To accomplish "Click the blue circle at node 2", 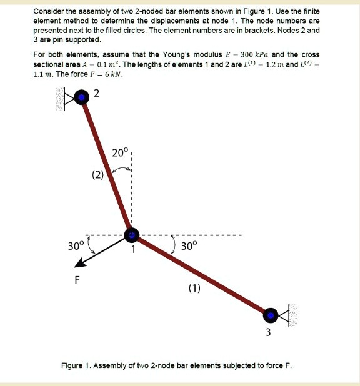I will (x=82, y=97).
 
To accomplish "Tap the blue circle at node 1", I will (x=132, y=235).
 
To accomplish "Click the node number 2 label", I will (x=96, y=94).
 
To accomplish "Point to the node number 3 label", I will (x=268, y=332).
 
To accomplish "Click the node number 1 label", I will (x=132, y=250).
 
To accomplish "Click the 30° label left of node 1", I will (x=75, y=245).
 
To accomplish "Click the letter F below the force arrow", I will (x=77, y=279).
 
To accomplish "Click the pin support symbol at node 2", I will (x=66, y=97).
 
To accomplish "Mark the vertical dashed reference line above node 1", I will (x=132, y=187).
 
